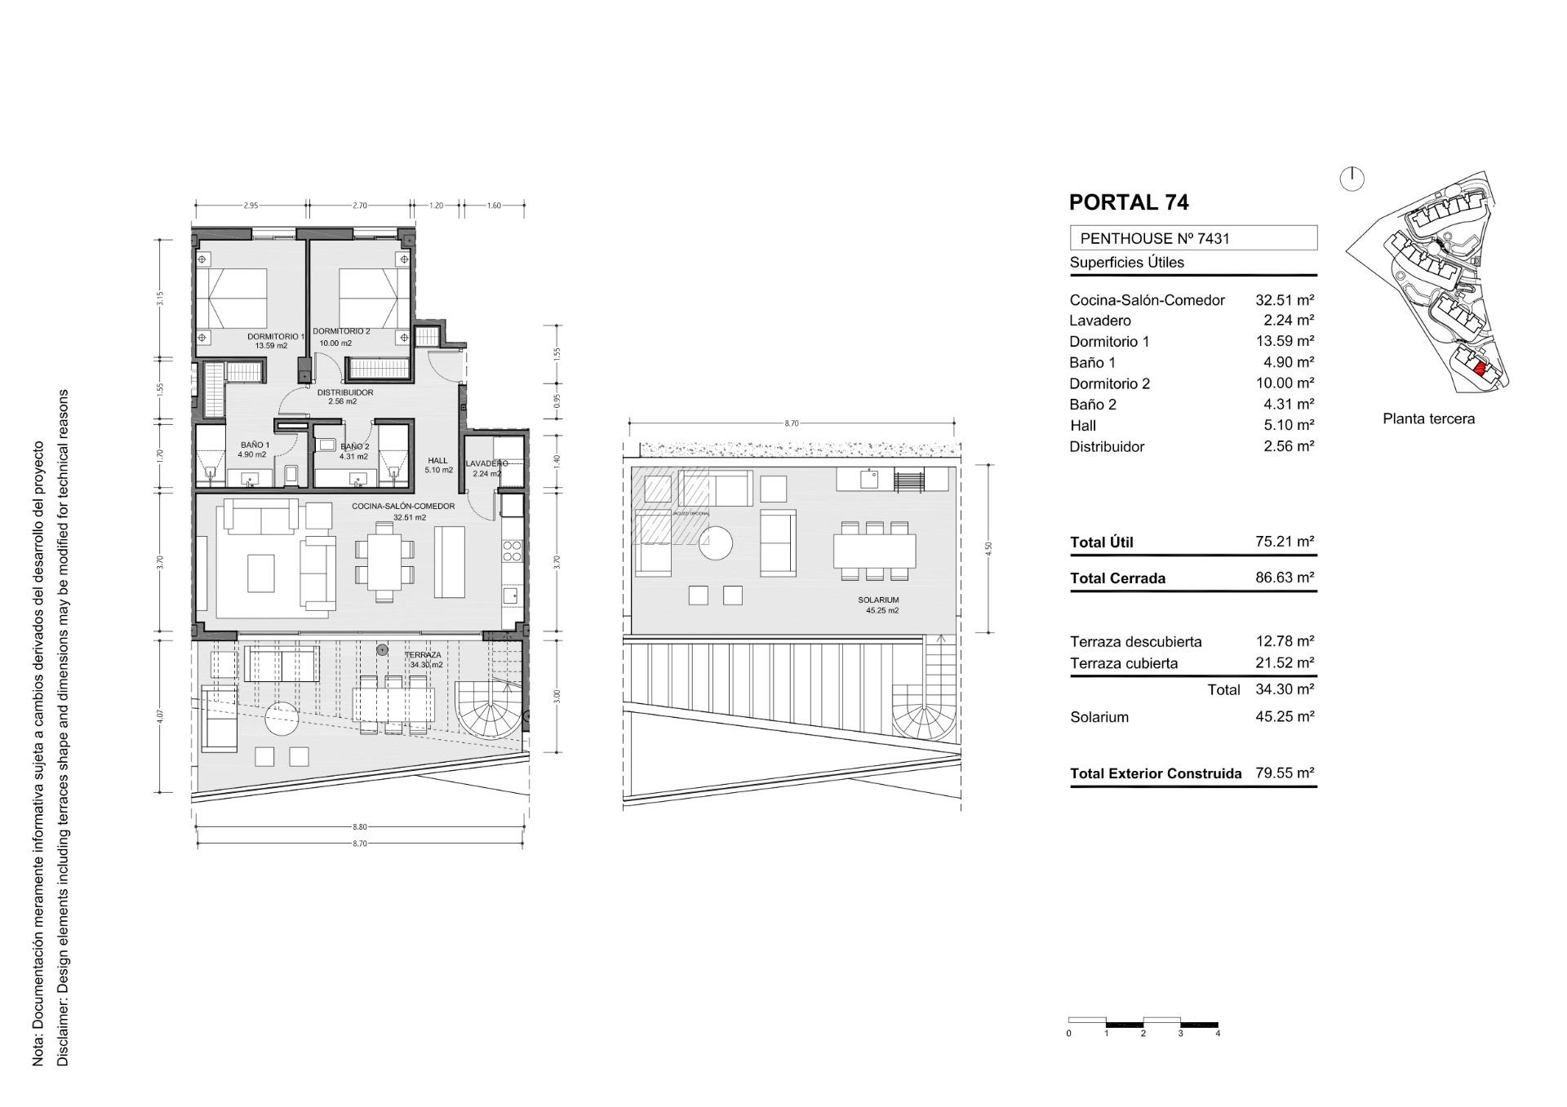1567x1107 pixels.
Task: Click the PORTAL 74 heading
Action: coord(1129,202)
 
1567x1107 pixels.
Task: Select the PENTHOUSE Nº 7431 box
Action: coord(1192,238)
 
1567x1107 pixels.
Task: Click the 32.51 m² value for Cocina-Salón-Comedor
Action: coord(1285,300)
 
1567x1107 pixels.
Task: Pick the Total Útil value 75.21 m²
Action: coord(1285,542)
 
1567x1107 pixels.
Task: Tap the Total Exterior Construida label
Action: coord(1156,773)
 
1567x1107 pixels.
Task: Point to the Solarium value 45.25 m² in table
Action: coord(1285,716)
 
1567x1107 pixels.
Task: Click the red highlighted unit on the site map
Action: coord(1480,368)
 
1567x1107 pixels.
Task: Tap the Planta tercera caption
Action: coord(1428,418)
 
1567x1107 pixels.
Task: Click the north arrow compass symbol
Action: coord(1352,179)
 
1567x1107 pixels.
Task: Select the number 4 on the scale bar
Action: coord(1218,1034)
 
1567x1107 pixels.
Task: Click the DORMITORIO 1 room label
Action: coord(274,336)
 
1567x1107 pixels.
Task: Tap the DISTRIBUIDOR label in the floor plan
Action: coord(345,392)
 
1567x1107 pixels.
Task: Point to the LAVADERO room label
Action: coord(486,463)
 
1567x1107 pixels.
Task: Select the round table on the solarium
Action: coord(716,542)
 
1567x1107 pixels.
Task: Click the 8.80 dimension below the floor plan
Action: coord(360,827)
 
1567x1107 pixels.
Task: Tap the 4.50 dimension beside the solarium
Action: coord(989,547)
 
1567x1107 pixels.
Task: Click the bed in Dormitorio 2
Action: coord(373,299)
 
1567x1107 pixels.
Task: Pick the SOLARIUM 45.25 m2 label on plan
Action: coord(878,604)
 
